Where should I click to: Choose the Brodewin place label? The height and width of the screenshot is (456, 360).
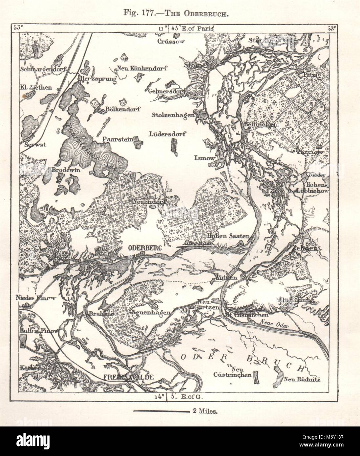click(63, 171)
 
